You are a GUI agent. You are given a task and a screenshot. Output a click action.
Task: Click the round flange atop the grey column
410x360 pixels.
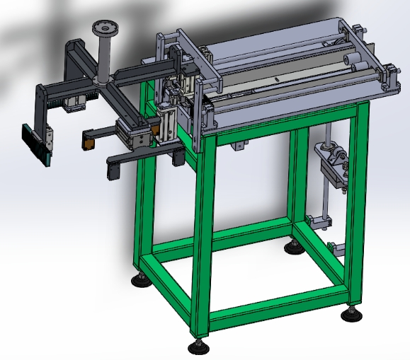click(x=107, y=29)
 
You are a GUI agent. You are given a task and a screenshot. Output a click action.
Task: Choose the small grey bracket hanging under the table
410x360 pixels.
click(x=240, y=146)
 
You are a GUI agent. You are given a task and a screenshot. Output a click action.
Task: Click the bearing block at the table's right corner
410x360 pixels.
click(x=390, y=77)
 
